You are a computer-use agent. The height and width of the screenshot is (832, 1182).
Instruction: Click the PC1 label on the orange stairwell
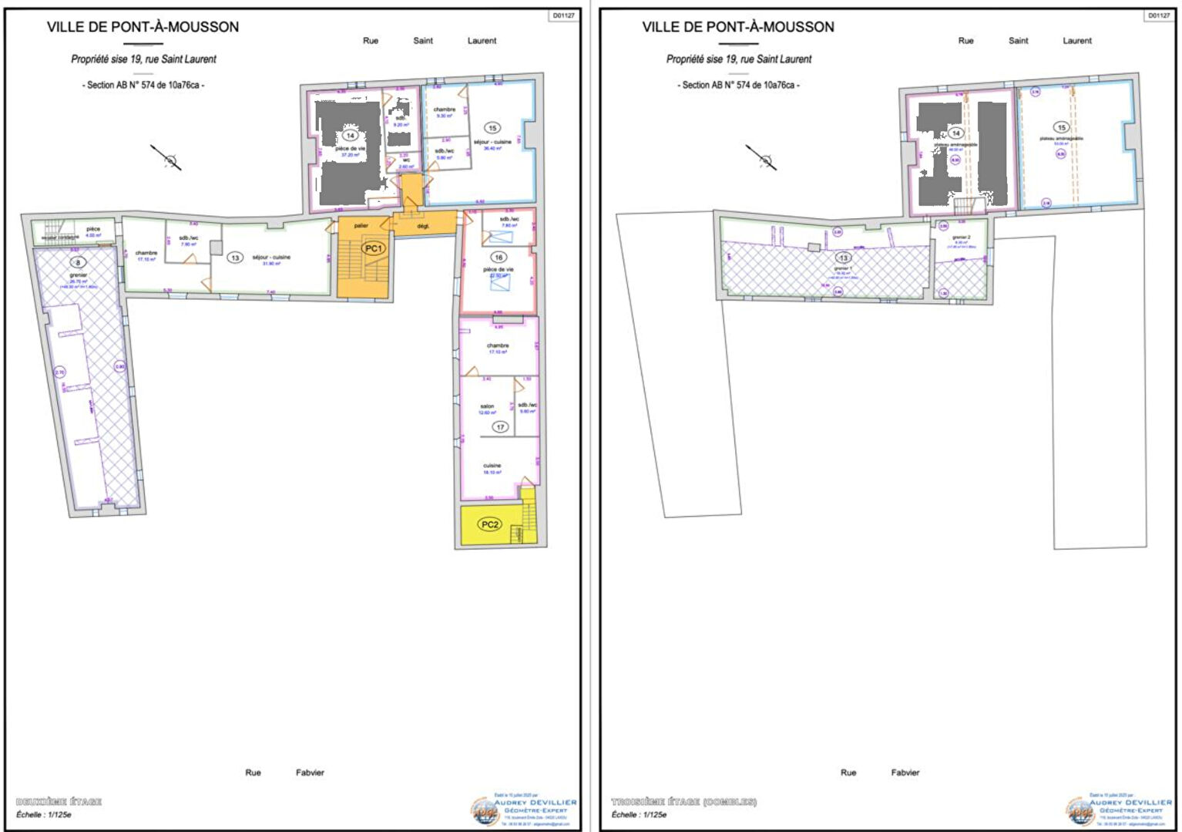pyautogui.click(x=374, y=248)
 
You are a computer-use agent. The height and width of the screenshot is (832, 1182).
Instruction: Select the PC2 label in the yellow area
pyautogui.click(x=490, y=524)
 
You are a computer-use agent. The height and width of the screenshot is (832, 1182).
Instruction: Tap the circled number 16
pyautogui.click(x=499, y=258)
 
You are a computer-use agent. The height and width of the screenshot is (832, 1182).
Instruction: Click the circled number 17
pyautogui.click(x=500, y=427)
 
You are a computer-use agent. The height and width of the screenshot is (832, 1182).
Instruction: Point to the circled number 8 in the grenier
pyautogui.click(x=77, y=263)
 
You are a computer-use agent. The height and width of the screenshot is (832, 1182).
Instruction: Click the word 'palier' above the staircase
pyautogui.click(x=361, y=226)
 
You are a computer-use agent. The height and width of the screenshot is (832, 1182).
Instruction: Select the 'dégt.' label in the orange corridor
pyautogui.click(x=423, y=226)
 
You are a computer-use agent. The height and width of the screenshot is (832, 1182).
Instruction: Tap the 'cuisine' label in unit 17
pyautogui.click(x=492, y=466)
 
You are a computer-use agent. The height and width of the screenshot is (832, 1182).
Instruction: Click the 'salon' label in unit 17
pyautogui.click(x=487, y=406)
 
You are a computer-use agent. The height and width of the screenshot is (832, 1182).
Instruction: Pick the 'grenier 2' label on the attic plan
pyautogui.click(x=960, y=237)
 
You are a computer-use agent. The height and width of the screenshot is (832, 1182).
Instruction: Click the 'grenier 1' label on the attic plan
pyautogui.click(x=843, y=268)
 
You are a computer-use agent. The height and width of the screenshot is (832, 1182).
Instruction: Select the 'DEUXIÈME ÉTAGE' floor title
pyautogui.click(x=59, y=802)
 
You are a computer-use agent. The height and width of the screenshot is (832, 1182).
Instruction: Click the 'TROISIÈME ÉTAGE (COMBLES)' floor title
pyautogui.click(x=683, y=802)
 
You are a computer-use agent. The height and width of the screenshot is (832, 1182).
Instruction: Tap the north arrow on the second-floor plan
pyautogui.click(x=167, y=158)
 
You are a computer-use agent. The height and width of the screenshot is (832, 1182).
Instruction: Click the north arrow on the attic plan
pyautogui.click(x=762, y=158)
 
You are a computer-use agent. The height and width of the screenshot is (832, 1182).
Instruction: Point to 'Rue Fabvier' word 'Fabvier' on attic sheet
pyautogui.click(x=905, y=773)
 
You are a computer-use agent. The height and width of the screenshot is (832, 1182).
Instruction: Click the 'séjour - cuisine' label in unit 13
pyautogui.click(x=271, y=258)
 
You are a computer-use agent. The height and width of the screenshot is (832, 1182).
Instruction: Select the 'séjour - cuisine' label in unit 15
pyautogui.click(x=492, y=142)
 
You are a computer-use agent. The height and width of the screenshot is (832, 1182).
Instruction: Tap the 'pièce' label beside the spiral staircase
pyautogui.click(x=93, y=229)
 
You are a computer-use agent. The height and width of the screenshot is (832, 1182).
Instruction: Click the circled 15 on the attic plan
pyautogui.click(x=1062, y=128)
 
